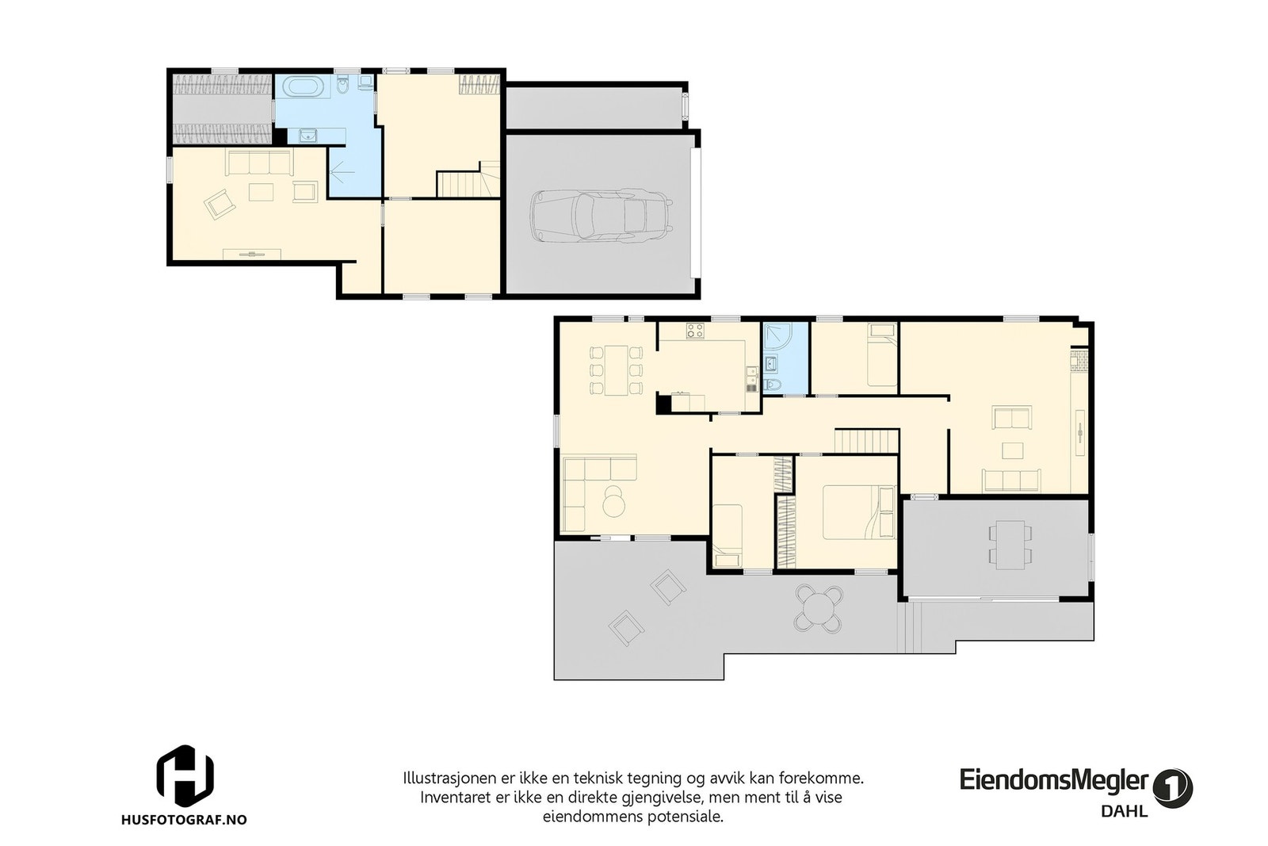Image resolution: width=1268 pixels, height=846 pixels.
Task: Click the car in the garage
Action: pyautogui.click(x=602, y=215)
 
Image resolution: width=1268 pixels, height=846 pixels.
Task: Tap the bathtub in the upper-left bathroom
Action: pyautogui.click(x=304, y=86)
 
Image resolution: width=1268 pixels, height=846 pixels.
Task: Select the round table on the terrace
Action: pyautogui.click(x=819, y=609)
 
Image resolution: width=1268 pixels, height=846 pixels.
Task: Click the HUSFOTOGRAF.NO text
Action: pyautogui.click(x=184, y=819)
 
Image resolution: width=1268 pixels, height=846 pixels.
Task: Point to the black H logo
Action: pyautogui.click(x=185, y=775)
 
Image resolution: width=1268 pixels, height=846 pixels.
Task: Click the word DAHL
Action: pyautogui.click(x=1124, y=811)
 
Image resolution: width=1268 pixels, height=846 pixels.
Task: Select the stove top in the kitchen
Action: pyautogui.click(x=695, y=331)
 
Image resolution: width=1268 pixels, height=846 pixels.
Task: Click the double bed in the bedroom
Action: pyautogui.click(x=859, y=512)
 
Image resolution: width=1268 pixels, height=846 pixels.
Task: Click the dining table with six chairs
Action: pyautogui.click(x=616, y=370)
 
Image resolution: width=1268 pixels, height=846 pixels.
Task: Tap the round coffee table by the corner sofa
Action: pyautogui.click(x=613, y=500)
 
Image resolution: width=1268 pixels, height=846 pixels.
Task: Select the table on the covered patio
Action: pyautogui.click(x=1010, y=545)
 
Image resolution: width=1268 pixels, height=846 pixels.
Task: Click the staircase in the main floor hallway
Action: pyautogui.click(x=867, y=441)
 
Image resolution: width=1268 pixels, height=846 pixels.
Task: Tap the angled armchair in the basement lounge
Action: pyautogui.click(x=219, y=204)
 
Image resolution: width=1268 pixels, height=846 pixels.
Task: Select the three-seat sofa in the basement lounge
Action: pyautogui.click(x=259, y=163)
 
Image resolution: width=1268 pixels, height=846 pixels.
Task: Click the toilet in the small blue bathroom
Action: pyautogui.click(x=773, y=386)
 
